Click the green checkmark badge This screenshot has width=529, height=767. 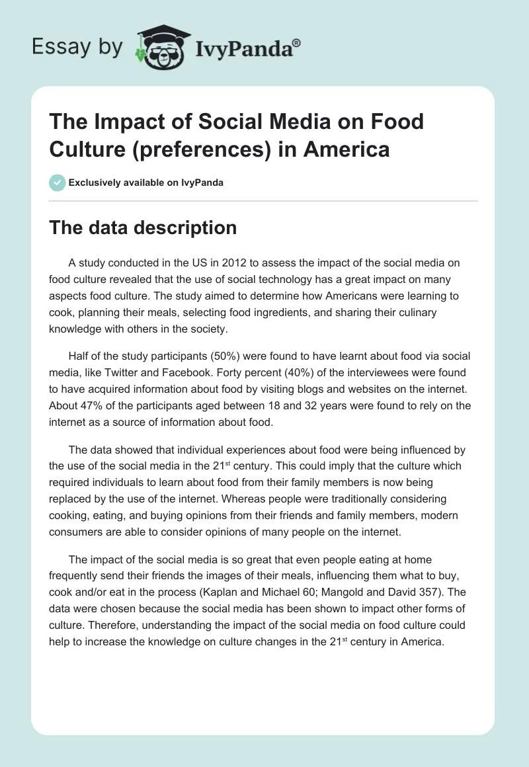57,182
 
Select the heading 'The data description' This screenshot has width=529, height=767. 143,227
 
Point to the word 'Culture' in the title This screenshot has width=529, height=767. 81,149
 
